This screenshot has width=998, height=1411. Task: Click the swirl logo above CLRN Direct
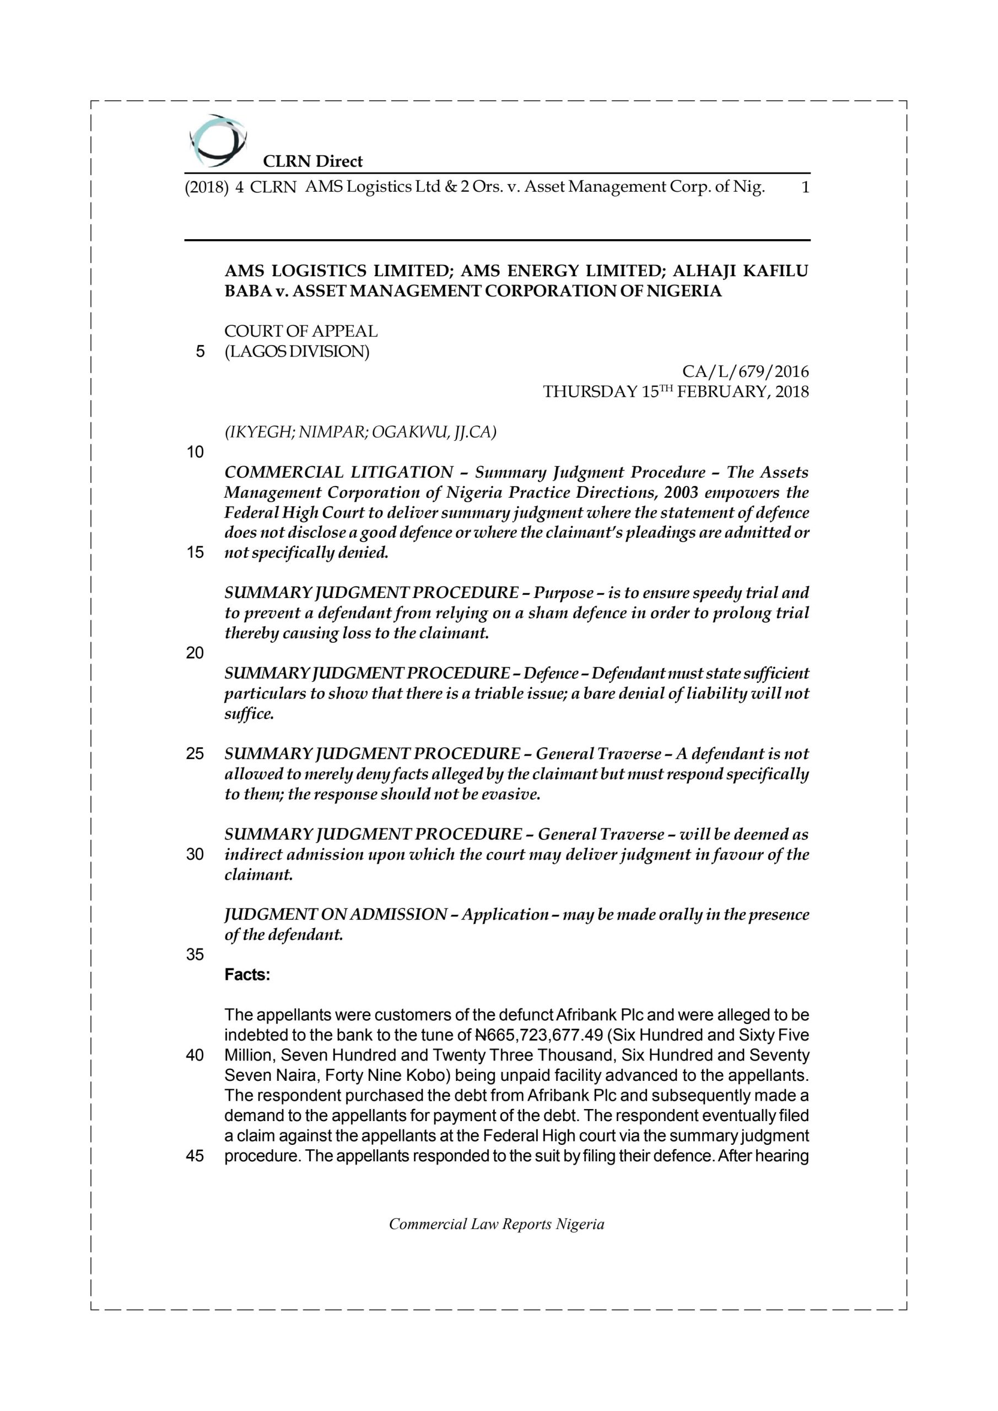tap(218, 141)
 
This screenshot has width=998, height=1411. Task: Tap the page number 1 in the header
tap(805, 187)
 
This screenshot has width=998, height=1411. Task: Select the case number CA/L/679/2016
tap(746, 372)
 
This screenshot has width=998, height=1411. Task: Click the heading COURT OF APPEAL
tap(300, 331)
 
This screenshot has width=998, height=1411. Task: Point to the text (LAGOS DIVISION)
tap(297, 352)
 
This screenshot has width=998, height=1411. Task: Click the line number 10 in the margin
tap(195, 453)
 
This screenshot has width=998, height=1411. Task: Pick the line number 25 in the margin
tap(195, 753)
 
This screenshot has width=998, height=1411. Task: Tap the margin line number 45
tap(195, 1156)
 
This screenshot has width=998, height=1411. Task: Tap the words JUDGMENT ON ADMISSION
tap(336, 914)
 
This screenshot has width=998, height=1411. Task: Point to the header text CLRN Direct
tap(313, 161)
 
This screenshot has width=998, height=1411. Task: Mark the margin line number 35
tap(195, 955)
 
